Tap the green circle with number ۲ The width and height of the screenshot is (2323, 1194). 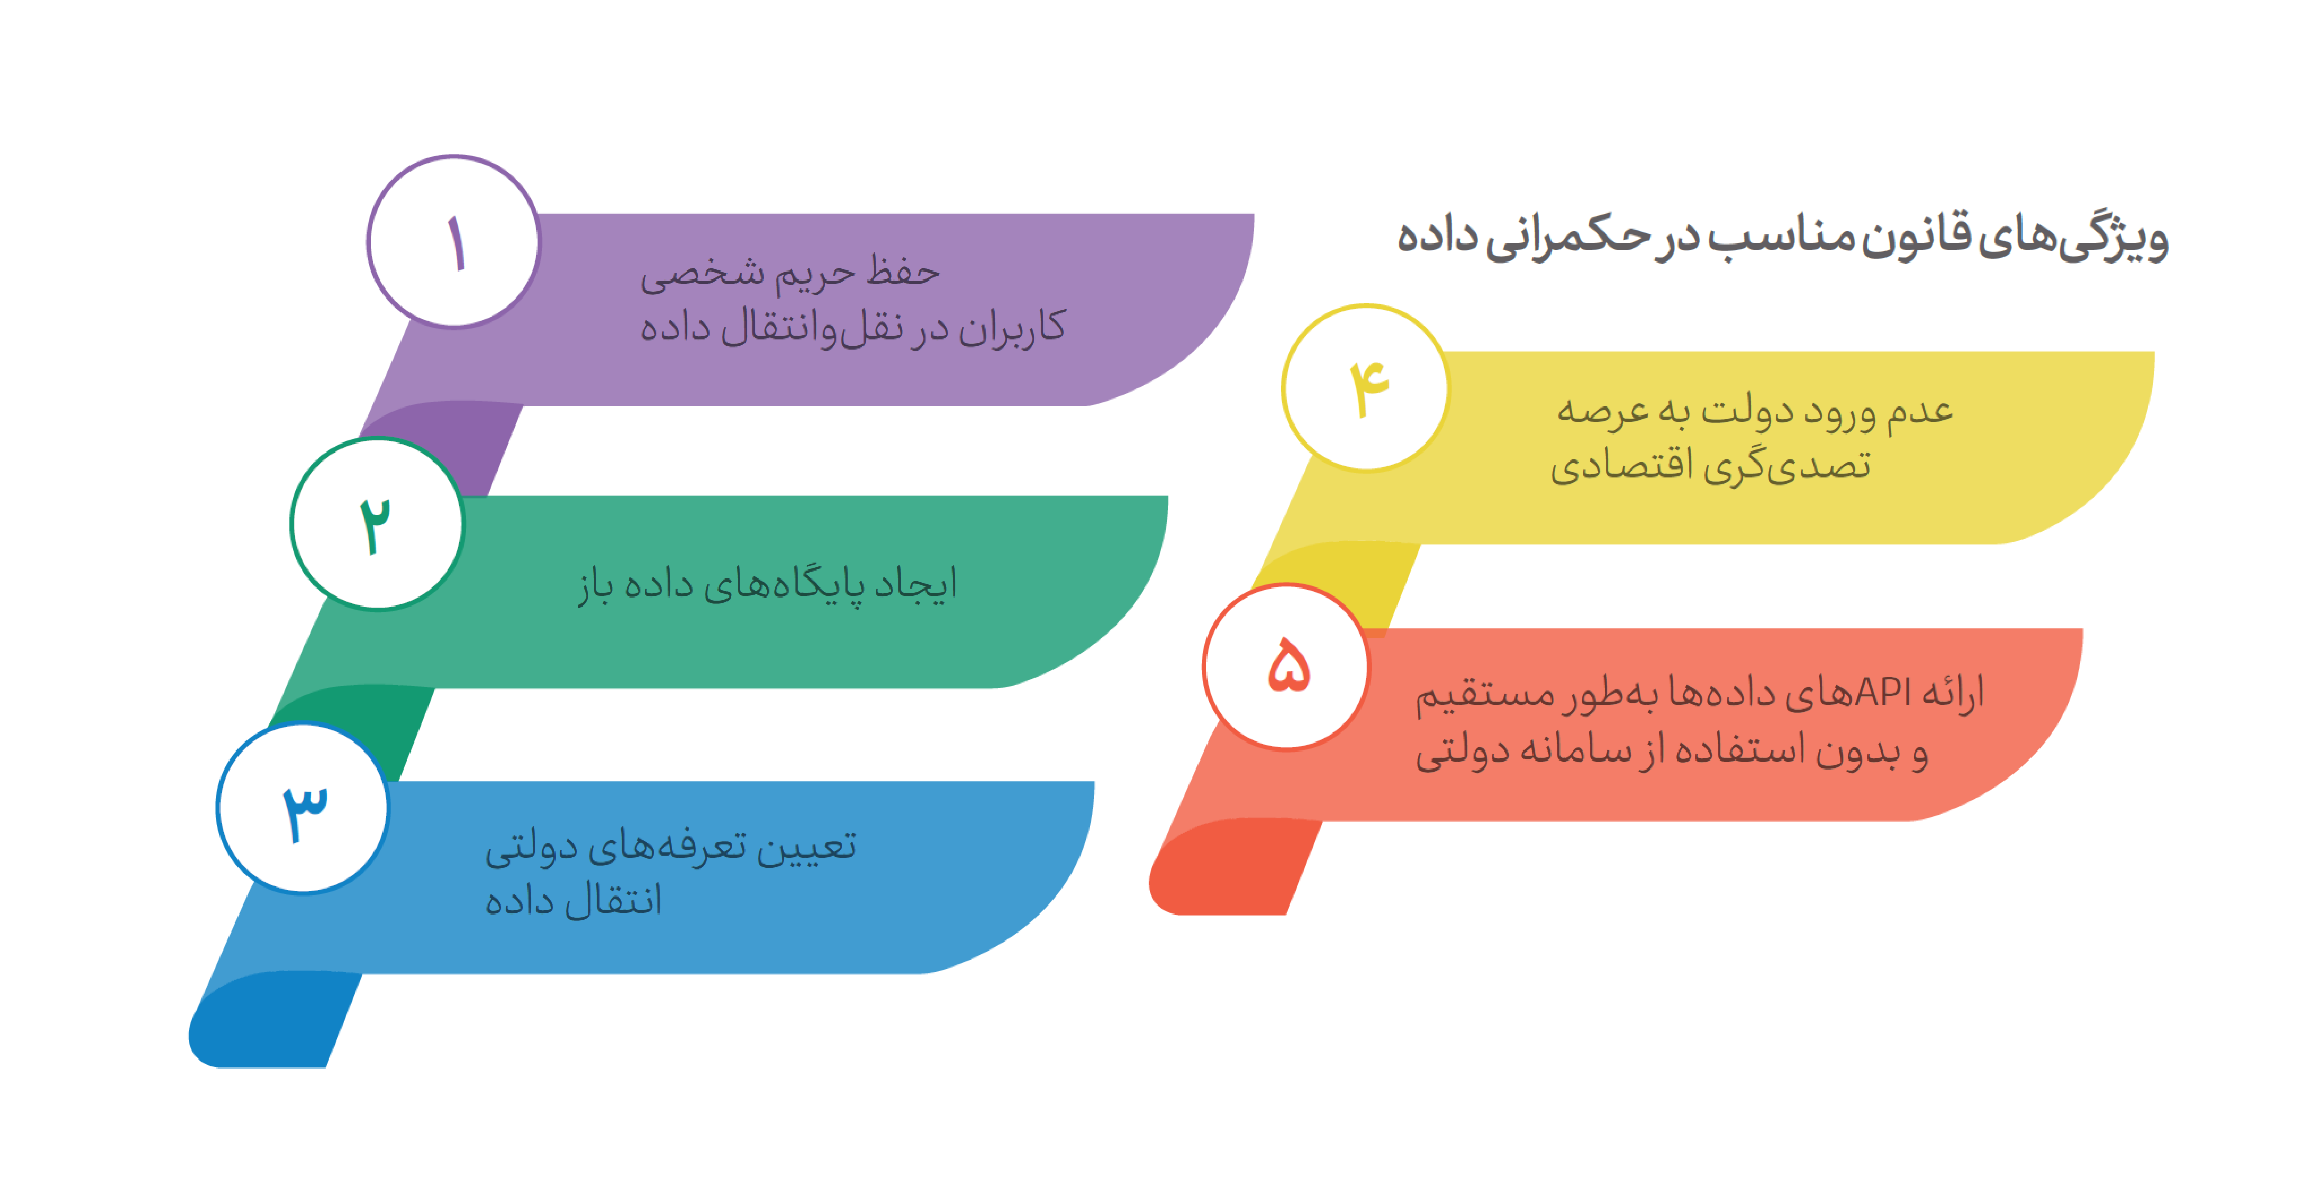[x=377, y=524]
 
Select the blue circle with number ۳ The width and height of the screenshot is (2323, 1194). [x=303, y=808]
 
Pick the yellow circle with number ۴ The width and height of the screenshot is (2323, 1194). [x=1366, y=388]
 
